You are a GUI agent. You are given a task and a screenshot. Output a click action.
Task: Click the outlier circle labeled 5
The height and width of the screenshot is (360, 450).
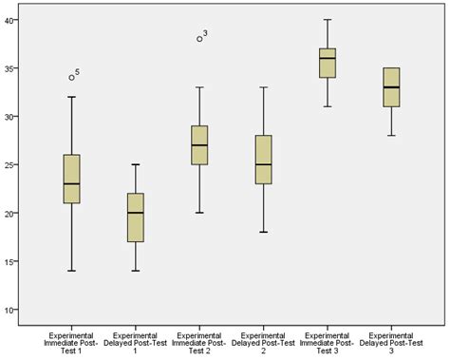pos(71,77)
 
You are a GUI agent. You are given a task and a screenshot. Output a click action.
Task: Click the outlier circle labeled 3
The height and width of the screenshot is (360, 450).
pos(199,39)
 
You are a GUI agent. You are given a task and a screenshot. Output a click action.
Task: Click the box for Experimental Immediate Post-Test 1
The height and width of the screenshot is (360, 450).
pos(71,179)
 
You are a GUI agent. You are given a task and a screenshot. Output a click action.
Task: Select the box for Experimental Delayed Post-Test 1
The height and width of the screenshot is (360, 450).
pos(136,218)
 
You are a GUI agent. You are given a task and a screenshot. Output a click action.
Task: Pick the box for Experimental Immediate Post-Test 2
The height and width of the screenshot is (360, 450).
pos(200,144)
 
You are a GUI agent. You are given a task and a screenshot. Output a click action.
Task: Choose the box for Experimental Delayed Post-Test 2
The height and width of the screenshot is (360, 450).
pos(264,160)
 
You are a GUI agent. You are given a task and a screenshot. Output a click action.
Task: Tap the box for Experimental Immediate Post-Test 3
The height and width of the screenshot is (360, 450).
pos(328,63)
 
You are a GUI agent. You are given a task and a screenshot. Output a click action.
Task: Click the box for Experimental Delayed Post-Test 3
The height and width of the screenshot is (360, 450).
pos(391,87)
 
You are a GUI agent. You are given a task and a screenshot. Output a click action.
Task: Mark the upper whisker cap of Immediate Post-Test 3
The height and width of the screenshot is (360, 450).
pos(328,20)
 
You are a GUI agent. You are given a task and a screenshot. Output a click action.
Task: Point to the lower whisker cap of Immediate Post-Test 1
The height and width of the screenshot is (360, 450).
pos(71,271)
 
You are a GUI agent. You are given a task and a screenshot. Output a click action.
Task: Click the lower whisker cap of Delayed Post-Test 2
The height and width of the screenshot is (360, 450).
pos(264,232)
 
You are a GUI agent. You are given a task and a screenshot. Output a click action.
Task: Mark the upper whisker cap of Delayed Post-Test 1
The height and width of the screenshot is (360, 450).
pos(136,164)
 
